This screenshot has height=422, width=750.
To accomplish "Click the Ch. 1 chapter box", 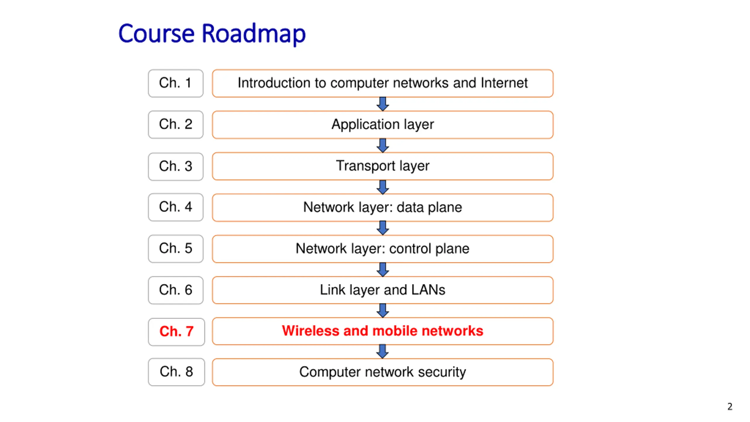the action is (175, 83).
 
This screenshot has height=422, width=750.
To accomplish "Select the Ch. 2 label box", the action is (175, 125).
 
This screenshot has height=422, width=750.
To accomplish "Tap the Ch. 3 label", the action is (175, 166).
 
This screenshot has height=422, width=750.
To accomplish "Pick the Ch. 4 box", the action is (175, 207).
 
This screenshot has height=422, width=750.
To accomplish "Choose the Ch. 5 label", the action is (175, 249).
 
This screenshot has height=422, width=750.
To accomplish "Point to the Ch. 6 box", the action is (175, 290).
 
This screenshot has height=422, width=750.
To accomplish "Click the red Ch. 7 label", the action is (176, 332).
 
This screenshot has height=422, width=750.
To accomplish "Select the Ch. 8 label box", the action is (176, 372).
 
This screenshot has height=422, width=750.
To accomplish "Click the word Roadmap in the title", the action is (254, 34).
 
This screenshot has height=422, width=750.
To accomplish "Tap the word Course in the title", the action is (156, 34).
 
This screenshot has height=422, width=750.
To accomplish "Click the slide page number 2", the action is (730, 406).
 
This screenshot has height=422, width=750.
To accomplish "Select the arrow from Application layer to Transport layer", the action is (383, 145).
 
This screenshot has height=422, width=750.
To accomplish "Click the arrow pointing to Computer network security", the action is (383, 351).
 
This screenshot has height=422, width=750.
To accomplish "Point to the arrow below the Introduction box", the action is (383, 104).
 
